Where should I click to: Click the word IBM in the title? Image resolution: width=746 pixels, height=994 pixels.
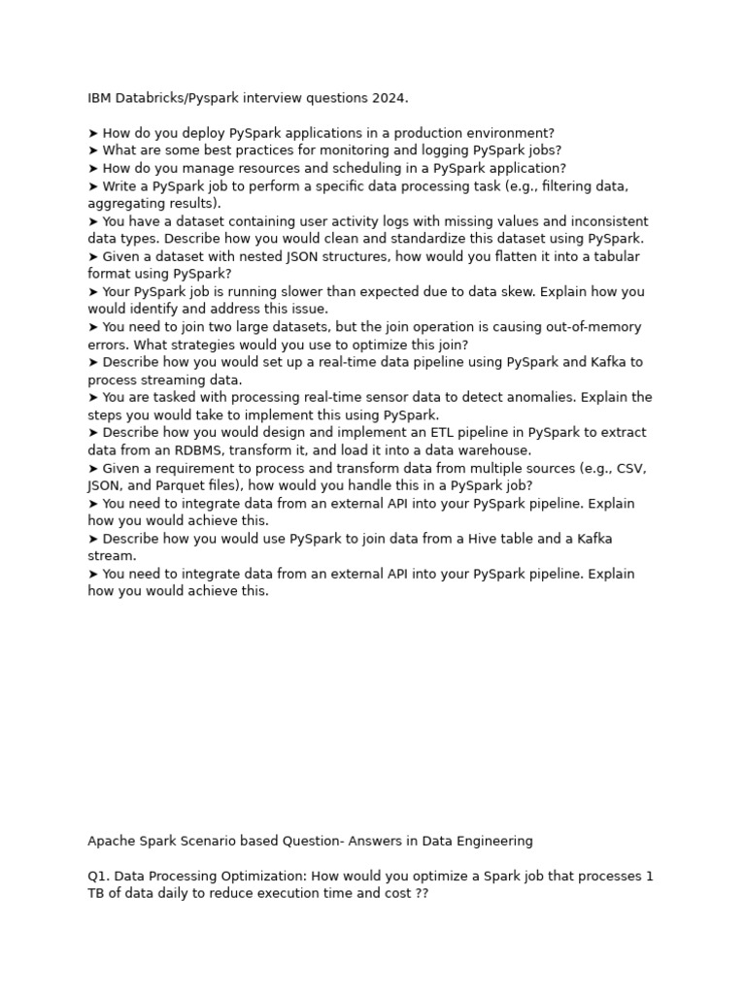pos(99,98)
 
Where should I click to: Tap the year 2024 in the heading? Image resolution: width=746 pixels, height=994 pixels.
pos(390,98)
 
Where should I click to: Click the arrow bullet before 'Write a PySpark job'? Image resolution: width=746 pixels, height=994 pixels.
pos(93,185)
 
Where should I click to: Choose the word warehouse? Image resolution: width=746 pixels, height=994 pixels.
pos(495,450)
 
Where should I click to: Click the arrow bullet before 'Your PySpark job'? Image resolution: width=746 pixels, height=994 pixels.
pos(93,291)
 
